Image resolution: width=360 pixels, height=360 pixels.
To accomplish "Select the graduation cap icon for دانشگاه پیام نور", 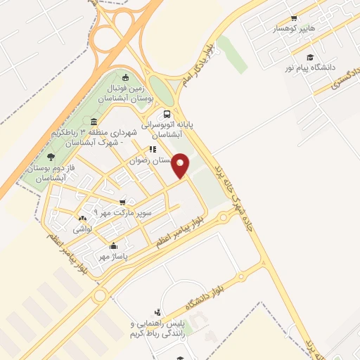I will [x=309, y=57].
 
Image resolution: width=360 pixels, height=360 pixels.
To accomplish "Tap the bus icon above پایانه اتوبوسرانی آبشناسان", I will [x=167, y=114].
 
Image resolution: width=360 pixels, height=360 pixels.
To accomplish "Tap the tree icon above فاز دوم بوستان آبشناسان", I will [x=51, y=157].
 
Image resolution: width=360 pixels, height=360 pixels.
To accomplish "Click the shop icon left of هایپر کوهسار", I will [x=294, y=19].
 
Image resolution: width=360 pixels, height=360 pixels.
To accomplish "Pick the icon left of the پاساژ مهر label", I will [x=114, y=246].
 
